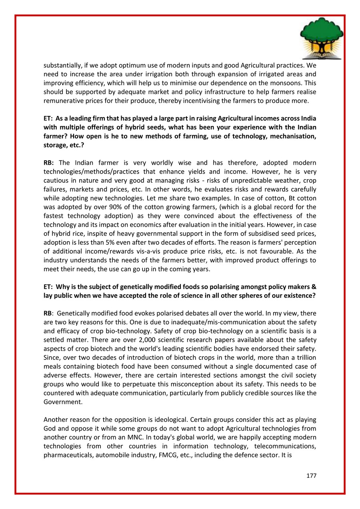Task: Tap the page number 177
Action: [x=311, y=476]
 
